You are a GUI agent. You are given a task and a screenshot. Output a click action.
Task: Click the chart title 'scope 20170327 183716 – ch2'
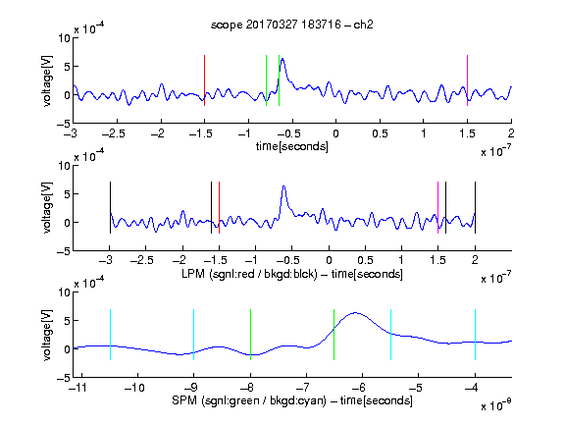tap(292, 25)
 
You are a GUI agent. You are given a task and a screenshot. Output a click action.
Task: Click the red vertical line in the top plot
tap(205, 80)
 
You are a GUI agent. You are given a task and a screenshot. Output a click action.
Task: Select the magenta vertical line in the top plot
tap(467, 80)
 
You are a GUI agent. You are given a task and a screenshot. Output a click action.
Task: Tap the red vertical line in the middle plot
tap(219, 208)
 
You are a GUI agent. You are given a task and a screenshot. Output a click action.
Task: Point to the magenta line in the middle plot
tap(438, 208)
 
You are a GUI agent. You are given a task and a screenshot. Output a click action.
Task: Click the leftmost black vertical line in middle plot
tap(110, 208)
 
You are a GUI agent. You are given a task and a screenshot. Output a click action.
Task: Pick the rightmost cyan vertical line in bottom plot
tap(476, 335)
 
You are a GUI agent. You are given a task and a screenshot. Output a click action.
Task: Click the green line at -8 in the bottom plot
tap(251, 335)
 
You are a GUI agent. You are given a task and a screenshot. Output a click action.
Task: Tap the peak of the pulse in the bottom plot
tap(356, 312)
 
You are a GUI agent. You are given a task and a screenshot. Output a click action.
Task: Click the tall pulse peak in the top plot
tap(282, 59)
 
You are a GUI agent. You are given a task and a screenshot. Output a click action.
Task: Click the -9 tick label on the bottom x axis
tap(190, 388)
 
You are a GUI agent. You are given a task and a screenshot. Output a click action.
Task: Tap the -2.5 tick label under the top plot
tap(114, 133)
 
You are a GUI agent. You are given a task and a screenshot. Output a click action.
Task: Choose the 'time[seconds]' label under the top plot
tap(292, 146)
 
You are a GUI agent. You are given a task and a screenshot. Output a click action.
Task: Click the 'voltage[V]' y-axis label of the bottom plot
tap(47, 336)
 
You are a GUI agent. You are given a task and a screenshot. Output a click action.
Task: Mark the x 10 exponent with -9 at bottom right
tap(496, 404)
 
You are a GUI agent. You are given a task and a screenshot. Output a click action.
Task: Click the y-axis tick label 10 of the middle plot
tap(65, 166)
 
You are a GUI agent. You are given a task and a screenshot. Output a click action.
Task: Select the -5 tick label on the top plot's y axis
tap(64, 125)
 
